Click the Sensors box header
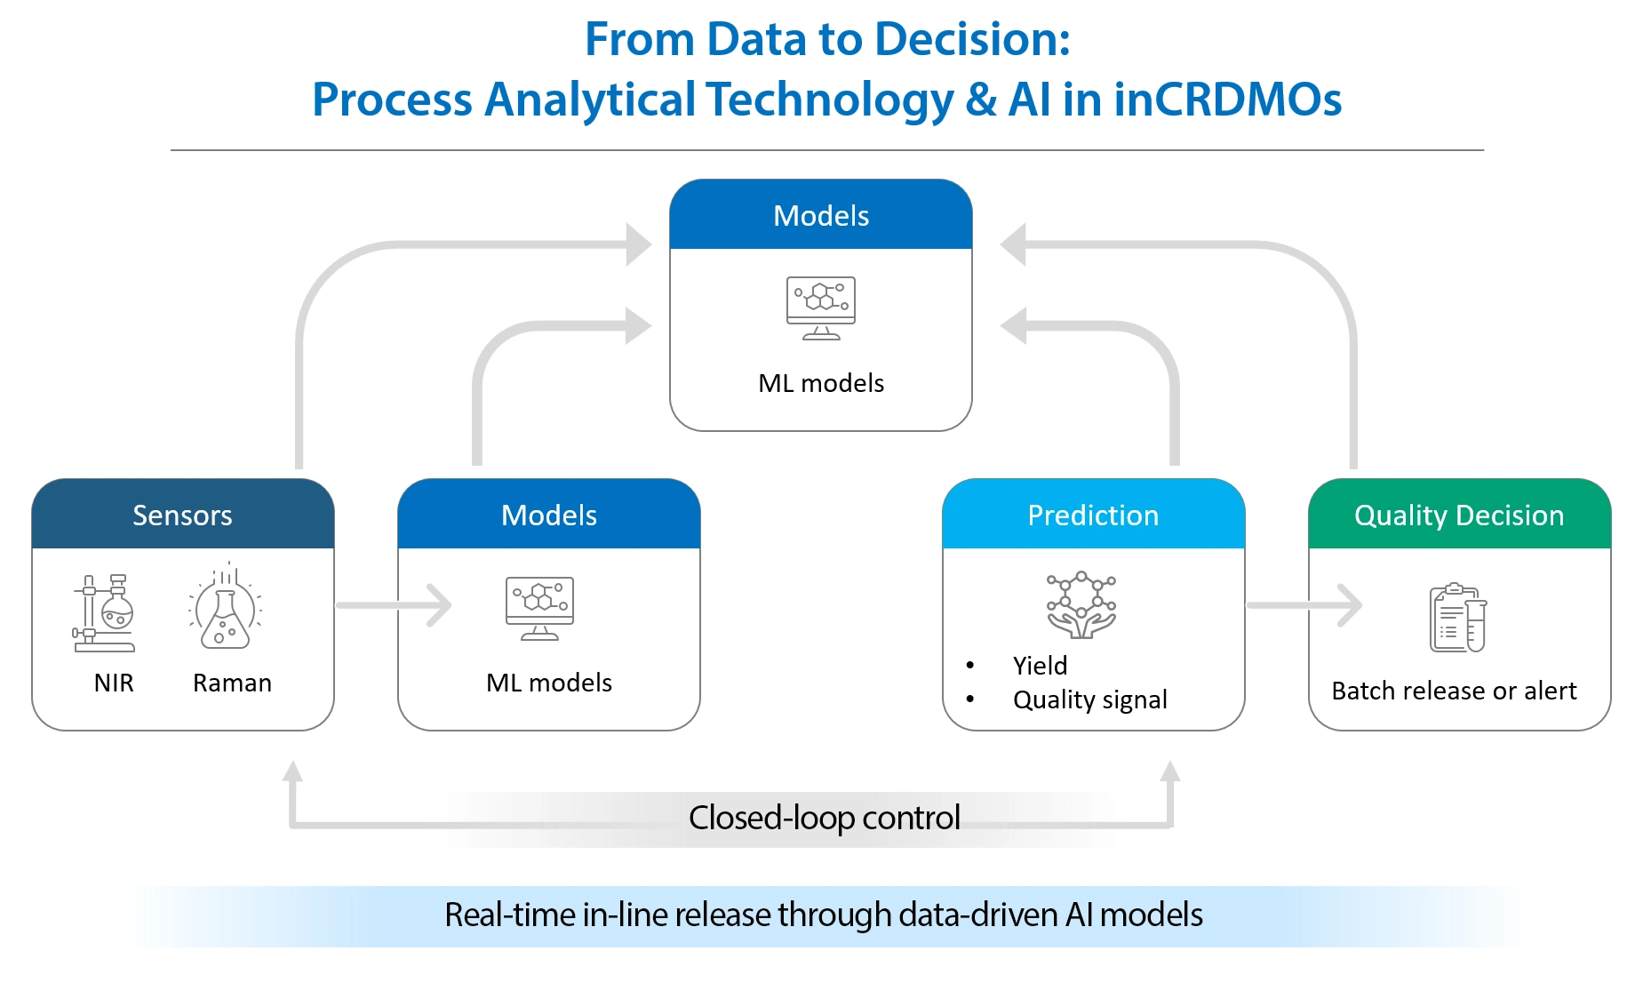click(182, 515)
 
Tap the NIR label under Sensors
click(114, 683)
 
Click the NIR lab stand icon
click(104, 613)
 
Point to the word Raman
click(232, 683)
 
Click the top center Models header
click(820, 216)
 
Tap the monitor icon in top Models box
click(820, 308)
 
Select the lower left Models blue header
click(548, 515)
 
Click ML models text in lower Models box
click(548, 683)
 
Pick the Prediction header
click(1093, 515)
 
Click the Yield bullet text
click(1040, 666)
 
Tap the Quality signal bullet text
click(1089, 699)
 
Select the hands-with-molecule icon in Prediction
click(1081, 605)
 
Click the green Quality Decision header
click(1459, 515)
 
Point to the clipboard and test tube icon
click(1457, 619)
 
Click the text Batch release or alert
click(1454, 691)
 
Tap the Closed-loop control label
click(824, 818)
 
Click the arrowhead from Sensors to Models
click(441, 605)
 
